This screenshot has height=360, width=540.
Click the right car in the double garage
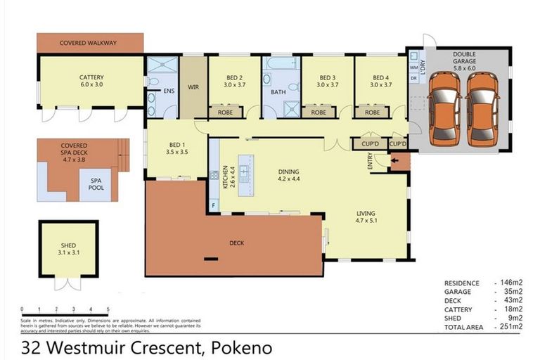coord(482,106)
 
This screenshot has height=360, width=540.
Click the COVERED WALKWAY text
coord(88,43)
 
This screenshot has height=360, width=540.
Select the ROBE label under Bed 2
coord(225,112)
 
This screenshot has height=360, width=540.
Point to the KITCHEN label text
coord(213,175)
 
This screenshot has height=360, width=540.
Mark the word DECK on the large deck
coord(236,243)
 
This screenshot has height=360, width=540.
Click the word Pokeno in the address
coord(240,347)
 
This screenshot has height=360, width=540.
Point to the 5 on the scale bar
coord(108,309)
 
